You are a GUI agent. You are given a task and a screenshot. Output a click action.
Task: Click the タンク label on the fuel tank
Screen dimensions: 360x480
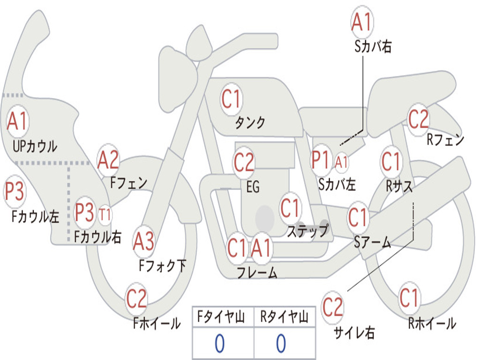click(x=250, y=123)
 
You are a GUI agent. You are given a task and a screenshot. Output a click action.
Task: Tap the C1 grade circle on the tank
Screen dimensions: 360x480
click(x=231, y=99)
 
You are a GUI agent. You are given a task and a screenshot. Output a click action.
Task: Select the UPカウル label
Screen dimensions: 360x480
click(x=35, y=146)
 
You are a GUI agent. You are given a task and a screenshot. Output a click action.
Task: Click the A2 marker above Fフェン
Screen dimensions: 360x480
click(x=108, y=160)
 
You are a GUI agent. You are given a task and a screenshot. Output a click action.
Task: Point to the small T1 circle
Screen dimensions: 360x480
click(x=105, y=215)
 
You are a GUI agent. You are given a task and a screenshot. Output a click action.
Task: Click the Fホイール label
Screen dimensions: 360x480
click(x=157, y=323)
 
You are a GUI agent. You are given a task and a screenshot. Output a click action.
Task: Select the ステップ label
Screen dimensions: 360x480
click(x=307, y=231)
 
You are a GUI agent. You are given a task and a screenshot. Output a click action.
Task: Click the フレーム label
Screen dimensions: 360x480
click(x=257, y=272)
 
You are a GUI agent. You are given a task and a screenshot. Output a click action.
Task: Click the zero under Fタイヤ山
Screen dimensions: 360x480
click(x=219, y=344)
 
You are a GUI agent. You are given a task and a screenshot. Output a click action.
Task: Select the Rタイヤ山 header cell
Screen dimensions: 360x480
click(x=284, y=318)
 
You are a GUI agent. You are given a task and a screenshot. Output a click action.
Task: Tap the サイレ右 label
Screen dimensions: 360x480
click(x=354, y=332)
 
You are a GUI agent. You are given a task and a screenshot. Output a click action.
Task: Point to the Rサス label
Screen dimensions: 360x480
click(x=399, y=186)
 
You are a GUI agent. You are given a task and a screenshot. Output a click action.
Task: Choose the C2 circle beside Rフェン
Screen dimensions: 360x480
click(x=419, y=119)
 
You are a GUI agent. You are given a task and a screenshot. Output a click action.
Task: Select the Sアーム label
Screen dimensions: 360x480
click(x=372, y=242)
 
